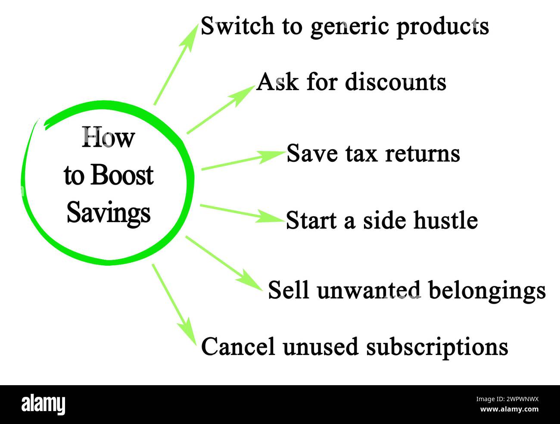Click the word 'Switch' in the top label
tap(237, 26)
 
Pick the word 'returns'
tap(422, 154)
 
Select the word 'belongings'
tap(487, 291)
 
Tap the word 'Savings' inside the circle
tap(109, 212)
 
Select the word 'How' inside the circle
tap(108, 138)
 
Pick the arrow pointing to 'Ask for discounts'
tap(220, 109)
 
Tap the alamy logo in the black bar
tap(44, 405)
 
